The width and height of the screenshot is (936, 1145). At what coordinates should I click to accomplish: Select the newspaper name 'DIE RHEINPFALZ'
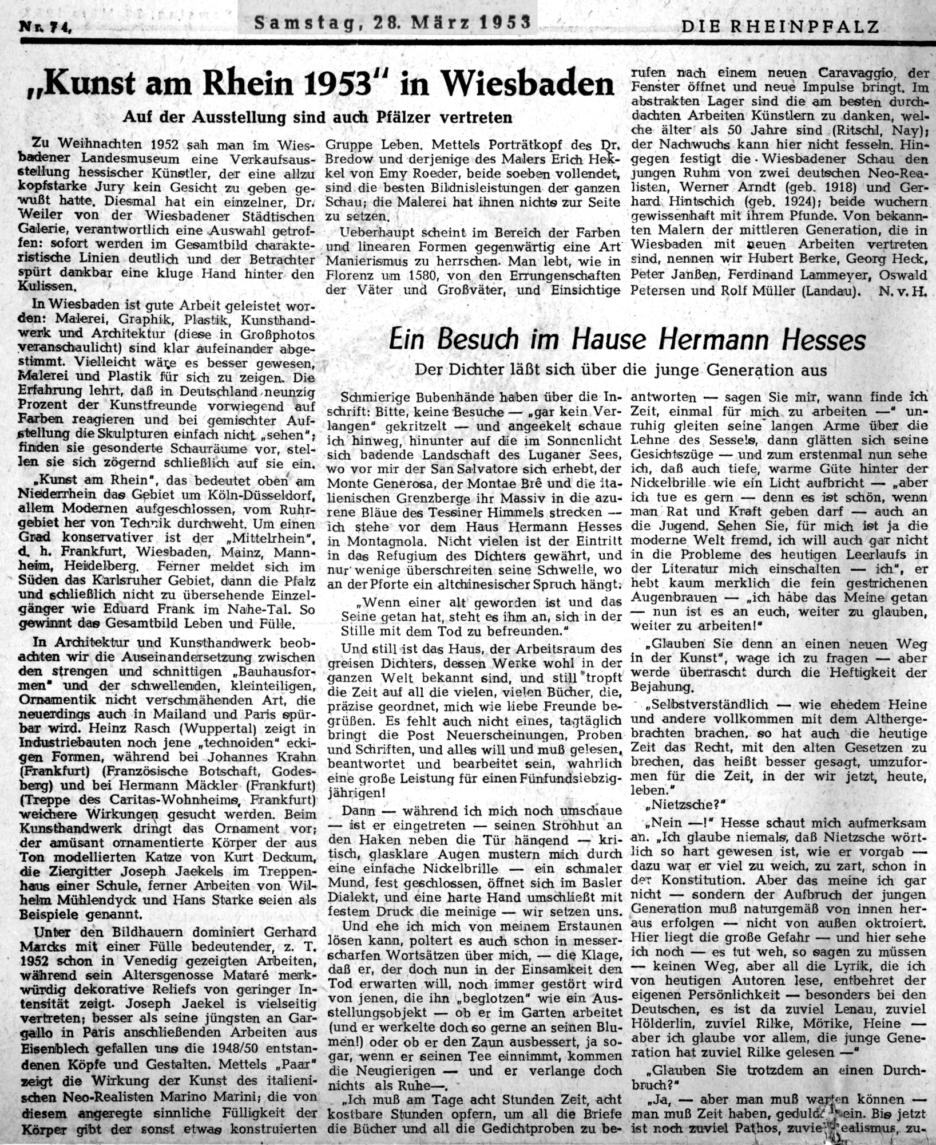click(780, 25)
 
